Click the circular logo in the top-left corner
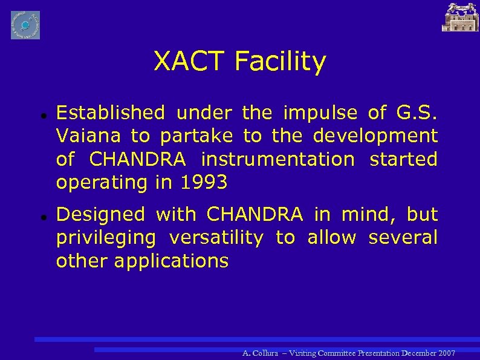pos(25,25)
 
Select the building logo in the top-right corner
pos(460,17)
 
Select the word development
pos(375,137)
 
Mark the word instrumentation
pos(277,160)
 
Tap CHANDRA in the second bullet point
pos(255,214)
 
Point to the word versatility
pos(216,238)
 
